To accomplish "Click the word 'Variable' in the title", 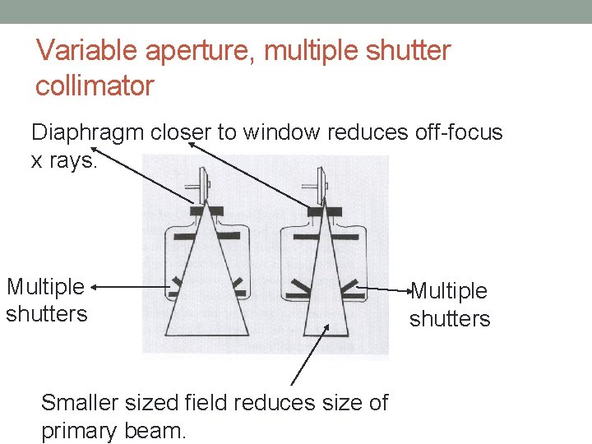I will (x=88, y=51).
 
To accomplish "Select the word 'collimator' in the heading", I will (x=95, y=86).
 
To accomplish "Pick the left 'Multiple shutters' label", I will (x=46, y=300).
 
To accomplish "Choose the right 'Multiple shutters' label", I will (x=449, y=304).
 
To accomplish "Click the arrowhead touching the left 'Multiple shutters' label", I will (x=95, y=287).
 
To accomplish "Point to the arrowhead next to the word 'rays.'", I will (x=95, y=150).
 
